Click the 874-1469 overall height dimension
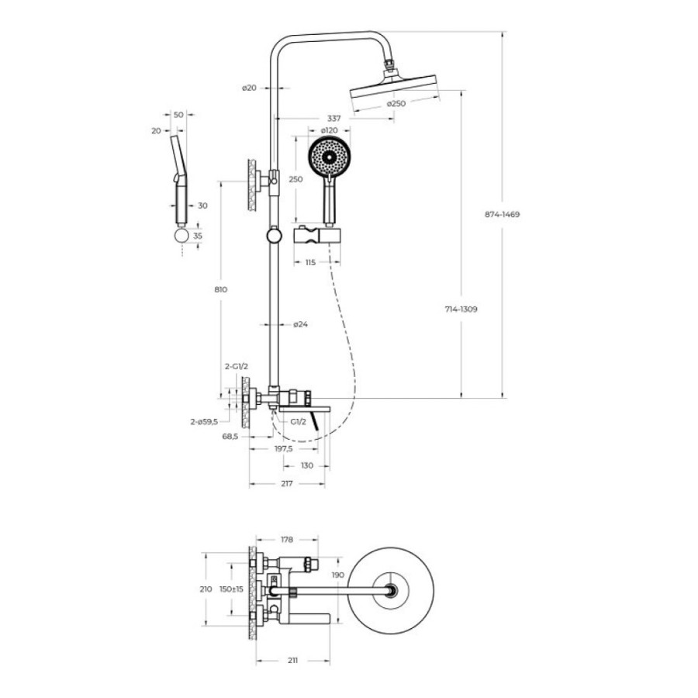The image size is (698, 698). point(502,214)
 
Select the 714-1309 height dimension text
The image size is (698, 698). point(461,309)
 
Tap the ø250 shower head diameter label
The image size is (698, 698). point(396,104)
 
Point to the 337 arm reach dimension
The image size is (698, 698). point(333,119)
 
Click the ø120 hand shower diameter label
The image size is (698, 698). point(330,130)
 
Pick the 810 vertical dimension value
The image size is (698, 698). point(221,289)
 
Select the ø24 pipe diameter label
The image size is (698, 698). point(300,324)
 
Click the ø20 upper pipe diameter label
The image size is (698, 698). point(249,88)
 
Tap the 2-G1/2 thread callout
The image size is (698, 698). point(236,367)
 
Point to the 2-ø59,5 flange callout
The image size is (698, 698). point(204,422)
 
